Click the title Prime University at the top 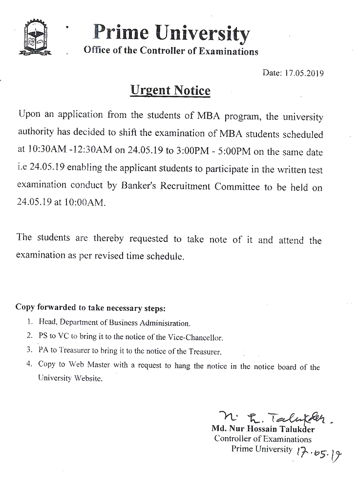(171, 32)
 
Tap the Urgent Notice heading (170, 90)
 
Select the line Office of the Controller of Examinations (171, 51)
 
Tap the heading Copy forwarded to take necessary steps (91, 308)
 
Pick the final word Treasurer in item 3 (206, 351)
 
